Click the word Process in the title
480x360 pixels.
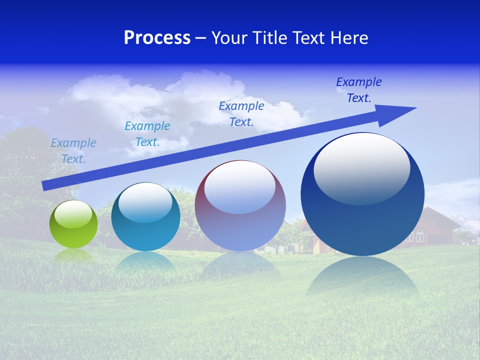[x=157, y=38]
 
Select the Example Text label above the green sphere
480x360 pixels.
[x=73, y=150]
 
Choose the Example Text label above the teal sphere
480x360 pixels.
[x=147, y=134]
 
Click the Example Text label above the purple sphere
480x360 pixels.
[x=241, y=113]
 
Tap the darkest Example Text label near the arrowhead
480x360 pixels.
[x=359, y=90]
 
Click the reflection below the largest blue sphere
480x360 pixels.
[x=362, y=275]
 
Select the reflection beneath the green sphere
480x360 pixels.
[x=73, y=255]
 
